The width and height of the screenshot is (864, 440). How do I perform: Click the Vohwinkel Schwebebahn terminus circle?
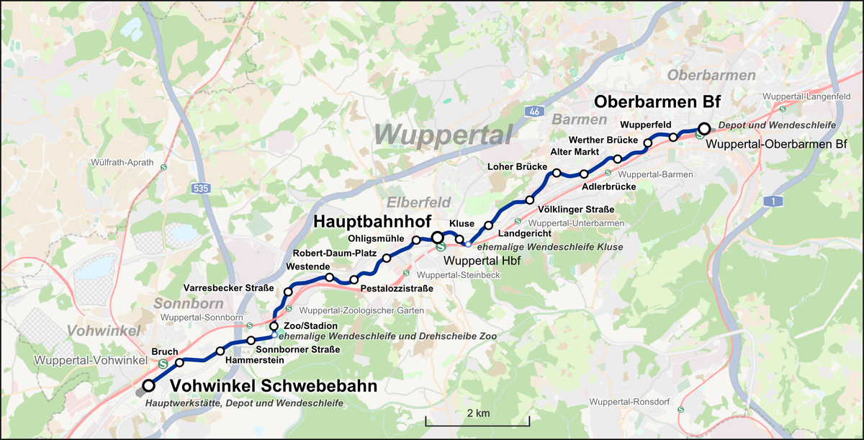pos(148,386)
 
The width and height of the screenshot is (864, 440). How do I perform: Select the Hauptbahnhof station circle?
pos(437,237)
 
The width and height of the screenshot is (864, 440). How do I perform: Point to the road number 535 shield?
pos(202,189)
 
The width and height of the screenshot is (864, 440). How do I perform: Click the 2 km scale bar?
pos(477,419)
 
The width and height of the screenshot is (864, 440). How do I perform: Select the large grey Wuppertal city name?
pos(443,134)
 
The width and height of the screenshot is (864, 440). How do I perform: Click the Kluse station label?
pos(462,224)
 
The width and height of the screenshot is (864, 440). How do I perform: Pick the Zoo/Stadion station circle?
pos(274,326)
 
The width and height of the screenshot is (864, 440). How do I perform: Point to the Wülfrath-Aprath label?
pos(122,163)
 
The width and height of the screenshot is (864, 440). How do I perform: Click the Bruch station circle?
pos(180,362)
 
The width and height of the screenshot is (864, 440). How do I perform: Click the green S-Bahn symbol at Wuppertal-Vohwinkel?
pos(163,364)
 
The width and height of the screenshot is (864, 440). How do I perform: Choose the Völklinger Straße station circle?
pos(530,200)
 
